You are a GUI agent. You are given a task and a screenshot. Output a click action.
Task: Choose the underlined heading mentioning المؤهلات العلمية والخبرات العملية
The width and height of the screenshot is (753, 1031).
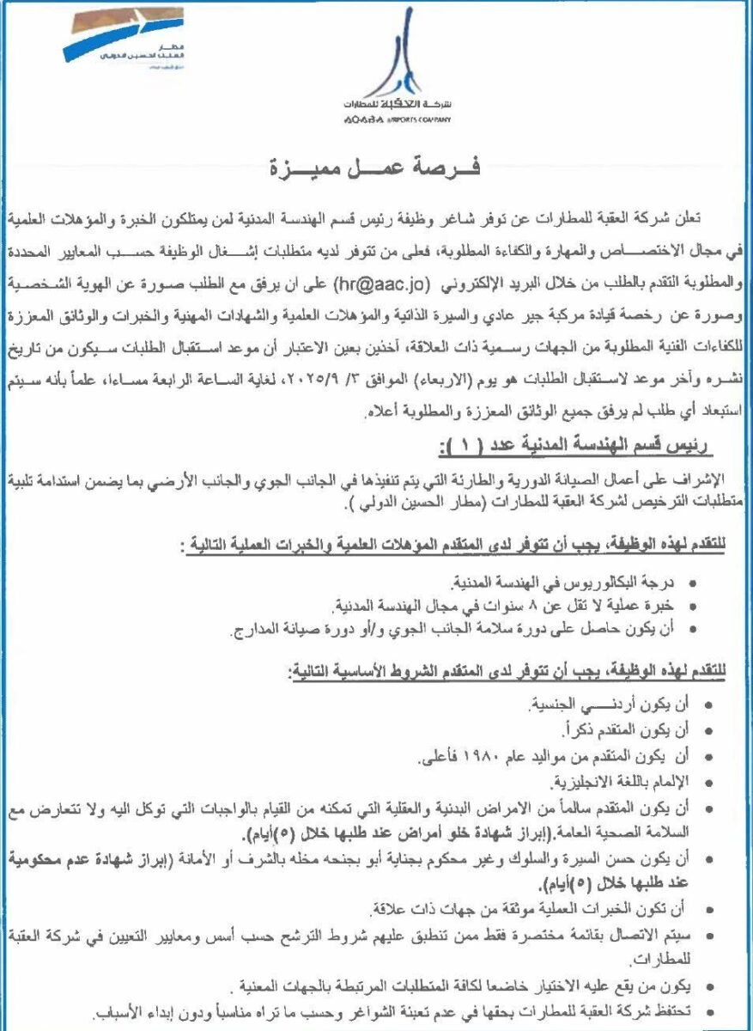point(455,544)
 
